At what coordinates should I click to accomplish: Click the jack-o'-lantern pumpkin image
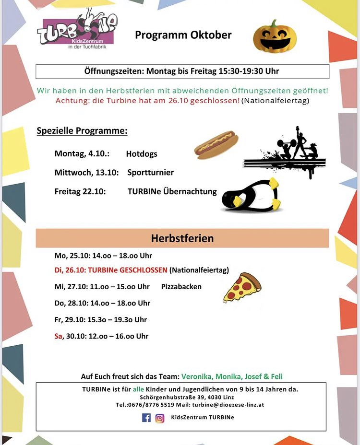click(x=271, y=36)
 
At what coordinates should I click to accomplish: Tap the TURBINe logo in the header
click(x=77, y=31)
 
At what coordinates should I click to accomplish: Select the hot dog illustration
click(x=216, y=144)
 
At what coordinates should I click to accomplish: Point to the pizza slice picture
click(x=242, y=287)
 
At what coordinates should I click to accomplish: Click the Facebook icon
click(x=146, y=418)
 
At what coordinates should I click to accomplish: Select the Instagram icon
click(x=160, y=418)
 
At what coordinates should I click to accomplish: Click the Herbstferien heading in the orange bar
click(x=182, y=238)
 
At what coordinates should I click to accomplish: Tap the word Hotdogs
click(x=142, y=154)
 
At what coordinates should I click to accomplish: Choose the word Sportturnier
click(x=151, y=172)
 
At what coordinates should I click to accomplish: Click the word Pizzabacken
click(x=181, y=287)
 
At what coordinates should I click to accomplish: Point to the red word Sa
click(x=59, y=336)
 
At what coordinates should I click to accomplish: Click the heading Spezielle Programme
click(x=82, y=131)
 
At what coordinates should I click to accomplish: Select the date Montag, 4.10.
click(x=82, y=154)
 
